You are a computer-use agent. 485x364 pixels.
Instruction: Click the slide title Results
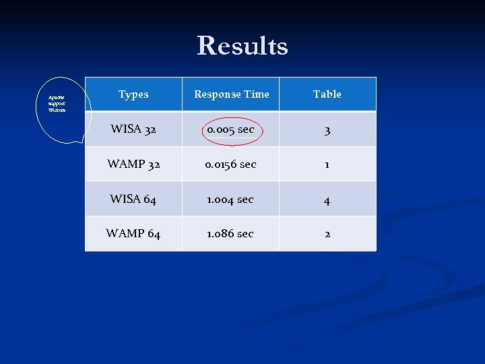pos(243,46)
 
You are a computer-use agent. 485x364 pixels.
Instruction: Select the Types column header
pos(133,94)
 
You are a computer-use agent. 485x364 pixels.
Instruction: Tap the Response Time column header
pos(231,94)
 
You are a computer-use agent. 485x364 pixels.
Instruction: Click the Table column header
pos(327,94)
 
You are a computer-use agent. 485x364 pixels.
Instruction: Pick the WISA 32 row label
pos(133,129)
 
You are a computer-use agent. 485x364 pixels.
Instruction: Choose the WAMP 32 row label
pos(133,164)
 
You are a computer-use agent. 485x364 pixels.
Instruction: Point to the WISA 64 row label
pos(133,199)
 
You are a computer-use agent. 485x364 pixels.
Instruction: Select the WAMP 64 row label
pos(133,234)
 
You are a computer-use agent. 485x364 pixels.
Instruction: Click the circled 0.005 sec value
pos(230,129)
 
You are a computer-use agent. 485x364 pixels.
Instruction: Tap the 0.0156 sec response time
pos(230,164)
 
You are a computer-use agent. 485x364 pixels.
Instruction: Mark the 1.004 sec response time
pos(230,199)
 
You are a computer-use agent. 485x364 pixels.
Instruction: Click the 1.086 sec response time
pos(230,234)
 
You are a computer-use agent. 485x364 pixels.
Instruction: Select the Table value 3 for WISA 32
pos(327,130)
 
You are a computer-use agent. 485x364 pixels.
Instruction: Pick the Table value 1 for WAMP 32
pos(327,164)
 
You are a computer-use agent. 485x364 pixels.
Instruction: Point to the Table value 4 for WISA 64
pos(327,200)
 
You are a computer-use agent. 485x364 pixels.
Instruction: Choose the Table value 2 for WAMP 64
pos(327,234)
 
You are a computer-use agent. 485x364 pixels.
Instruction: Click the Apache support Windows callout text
pos(57,104)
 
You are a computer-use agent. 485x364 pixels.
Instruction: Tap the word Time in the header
pos(257,94)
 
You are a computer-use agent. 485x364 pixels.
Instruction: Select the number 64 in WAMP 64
pos(153,234)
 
